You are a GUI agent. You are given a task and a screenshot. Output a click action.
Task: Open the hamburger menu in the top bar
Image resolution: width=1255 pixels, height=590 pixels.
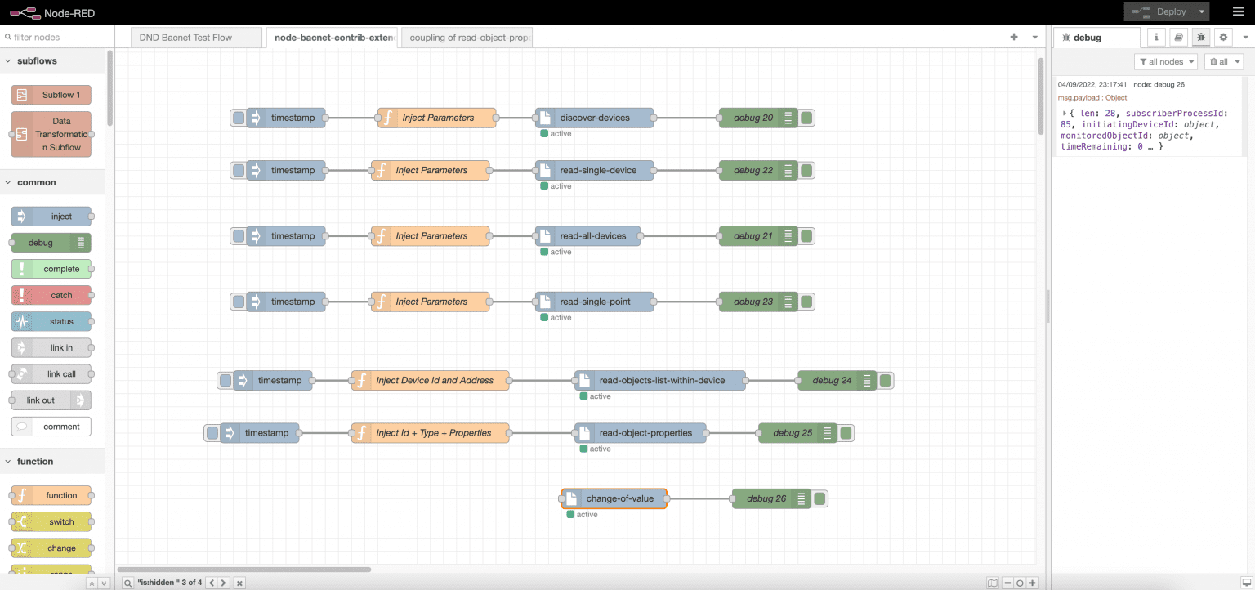[x=1237, y=11]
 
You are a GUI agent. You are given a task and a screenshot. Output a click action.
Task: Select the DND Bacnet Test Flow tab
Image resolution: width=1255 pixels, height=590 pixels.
[x=186, y=38]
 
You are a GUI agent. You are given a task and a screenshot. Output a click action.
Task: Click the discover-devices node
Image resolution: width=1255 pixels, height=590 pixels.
[x=595, y=118]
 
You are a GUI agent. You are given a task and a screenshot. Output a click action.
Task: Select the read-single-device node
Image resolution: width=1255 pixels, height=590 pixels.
[x=598, y=170]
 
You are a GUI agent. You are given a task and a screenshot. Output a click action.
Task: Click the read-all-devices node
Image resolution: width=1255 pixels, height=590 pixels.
[x=592, y=236]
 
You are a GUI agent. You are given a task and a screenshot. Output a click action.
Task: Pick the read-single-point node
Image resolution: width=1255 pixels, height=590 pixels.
[x=595, y=302]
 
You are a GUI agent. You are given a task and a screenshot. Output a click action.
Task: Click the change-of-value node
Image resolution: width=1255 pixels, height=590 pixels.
[x=619, y=498]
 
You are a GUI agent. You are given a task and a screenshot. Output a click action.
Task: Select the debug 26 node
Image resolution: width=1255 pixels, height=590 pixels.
[x=766, y=498]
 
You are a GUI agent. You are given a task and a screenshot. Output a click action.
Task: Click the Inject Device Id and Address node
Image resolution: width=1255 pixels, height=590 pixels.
[x=434, y=380]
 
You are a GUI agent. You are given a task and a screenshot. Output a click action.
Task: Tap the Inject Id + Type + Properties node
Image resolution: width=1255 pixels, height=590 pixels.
[x=433, y=433]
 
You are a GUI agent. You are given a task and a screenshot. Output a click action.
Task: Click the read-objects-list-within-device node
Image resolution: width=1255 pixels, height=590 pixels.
[x=662, y=380]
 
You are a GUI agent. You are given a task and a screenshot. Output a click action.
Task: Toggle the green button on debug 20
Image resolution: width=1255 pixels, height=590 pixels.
[x=806, y=118]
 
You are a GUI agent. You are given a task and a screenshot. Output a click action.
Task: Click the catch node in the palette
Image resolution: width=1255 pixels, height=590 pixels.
[x=51, y=295]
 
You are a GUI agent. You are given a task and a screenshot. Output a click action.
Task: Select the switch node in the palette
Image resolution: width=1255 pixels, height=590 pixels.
[x=51, y=522]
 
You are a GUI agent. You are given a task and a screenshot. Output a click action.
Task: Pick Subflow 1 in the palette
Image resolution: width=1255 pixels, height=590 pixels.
[x=51, y=95]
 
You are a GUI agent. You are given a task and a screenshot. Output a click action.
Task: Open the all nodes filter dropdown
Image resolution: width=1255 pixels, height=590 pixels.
[x=1167, y=62]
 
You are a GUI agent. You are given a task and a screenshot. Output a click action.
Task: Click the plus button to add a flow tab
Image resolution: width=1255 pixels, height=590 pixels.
[x=1014, y=38]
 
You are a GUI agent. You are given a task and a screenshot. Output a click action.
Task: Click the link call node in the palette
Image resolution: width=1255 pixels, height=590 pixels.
[x=51, y=373]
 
